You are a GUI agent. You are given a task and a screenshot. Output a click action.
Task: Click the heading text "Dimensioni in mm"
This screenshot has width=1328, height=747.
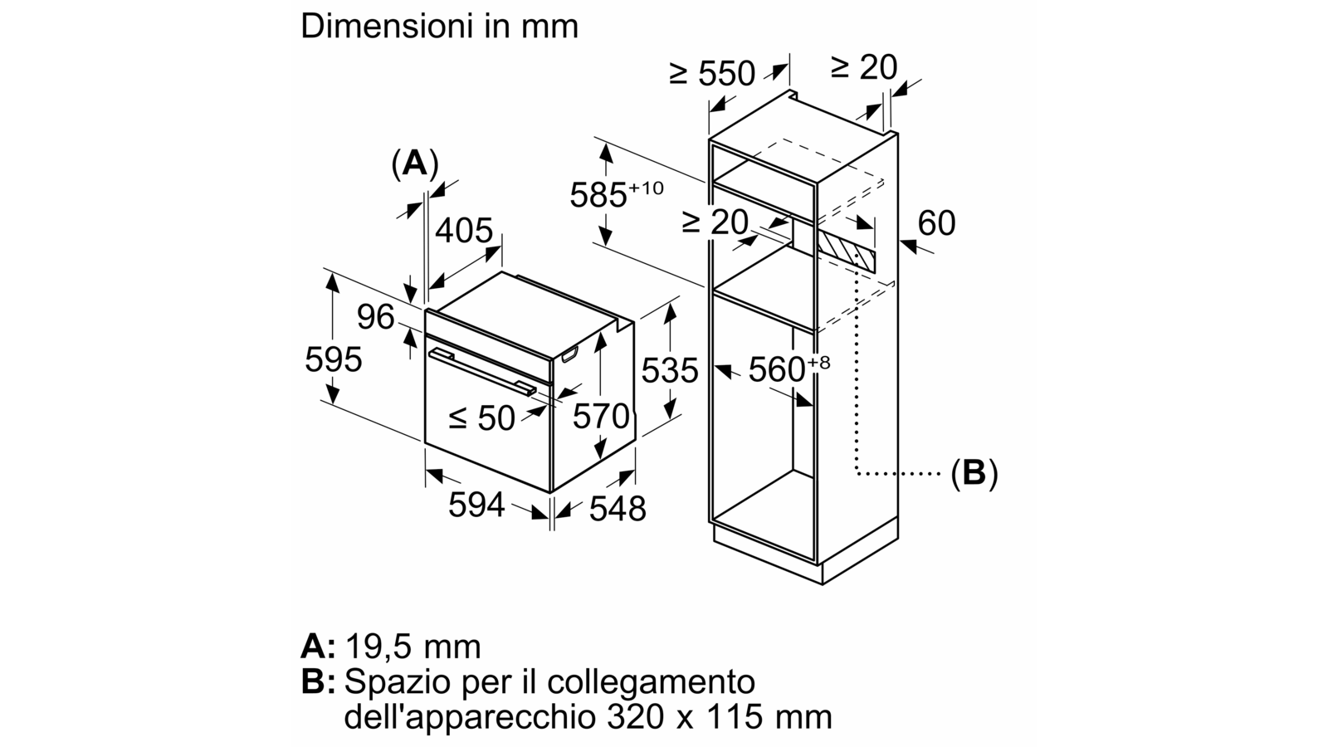(x=439, y=27)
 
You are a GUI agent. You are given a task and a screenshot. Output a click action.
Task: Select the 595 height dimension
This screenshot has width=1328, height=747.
(x=333, y=359)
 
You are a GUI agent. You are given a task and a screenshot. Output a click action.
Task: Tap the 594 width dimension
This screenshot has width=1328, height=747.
(x=476, y=505)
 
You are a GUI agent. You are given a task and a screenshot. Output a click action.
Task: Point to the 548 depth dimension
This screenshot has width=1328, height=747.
(x=618, y=509)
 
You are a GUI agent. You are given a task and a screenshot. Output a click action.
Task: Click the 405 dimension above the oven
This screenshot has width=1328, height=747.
(x=464, y=230)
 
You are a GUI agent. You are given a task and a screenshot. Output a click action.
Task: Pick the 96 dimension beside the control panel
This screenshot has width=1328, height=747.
(x=376, y=316)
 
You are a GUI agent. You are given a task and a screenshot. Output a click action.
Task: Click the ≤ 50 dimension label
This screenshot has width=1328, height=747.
(x=481, y=418)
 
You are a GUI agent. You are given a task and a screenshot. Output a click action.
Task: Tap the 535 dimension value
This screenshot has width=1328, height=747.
(x=670, y=370)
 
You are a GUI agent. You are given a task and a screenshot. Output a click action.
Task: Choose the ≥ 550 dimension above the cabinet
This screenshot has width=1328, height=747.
(x=712, y=73)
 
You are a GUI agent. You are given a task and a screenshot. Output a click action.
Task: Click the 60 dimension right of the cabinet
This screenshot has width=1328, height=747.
(x=937, y=223)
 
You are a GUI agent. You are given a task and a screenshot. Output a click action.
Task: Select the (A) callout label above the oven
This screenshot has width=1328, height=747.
(x=415, y=163)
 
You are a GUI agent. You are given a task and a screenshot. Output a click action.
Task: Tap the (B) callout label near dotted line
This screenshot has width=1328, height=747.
(x=974, y=474)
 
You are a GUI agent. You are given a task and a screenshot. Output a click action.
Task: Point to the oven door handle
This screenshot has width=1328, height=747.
(x=482, y=372)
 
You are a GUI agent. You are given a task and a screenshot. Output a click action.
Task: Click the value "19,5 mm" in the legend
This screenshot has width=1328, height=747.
(x=413, y=647)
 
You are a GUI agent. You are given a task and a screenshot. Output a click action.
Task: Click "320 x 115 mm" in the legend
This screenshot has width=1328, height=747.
(x=719, y=717)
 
